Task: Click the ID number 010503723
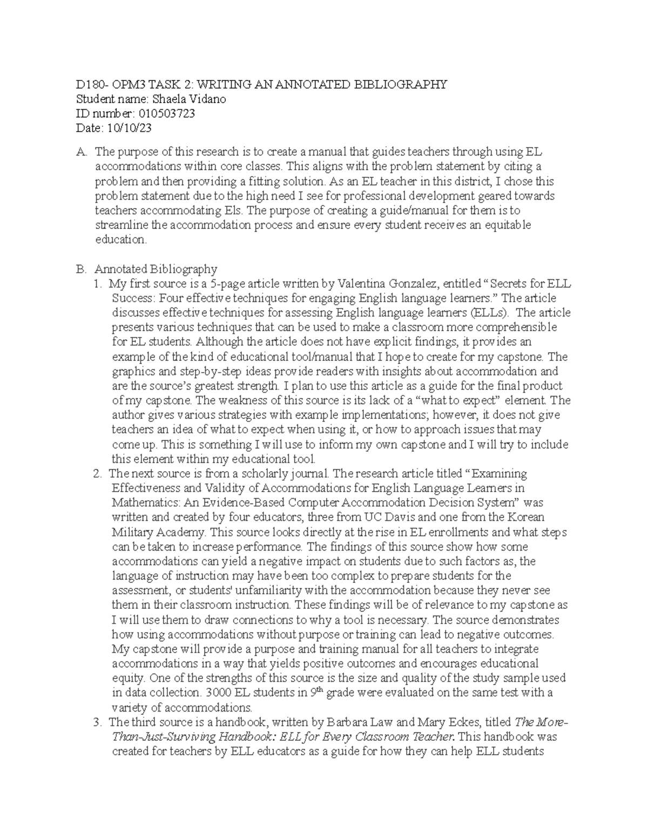pyautogui.click(x=167, y=113)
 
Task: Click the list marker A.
pyautogui.click(x=81, y=152)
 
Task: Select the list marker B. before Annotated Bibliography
pyautogui.click(x=81, y=269)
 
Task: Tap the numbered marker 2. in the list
pyautogui.click(x=97, y=474)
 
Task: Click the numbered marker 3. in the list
pyautogui.click(x=97, y=722)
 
